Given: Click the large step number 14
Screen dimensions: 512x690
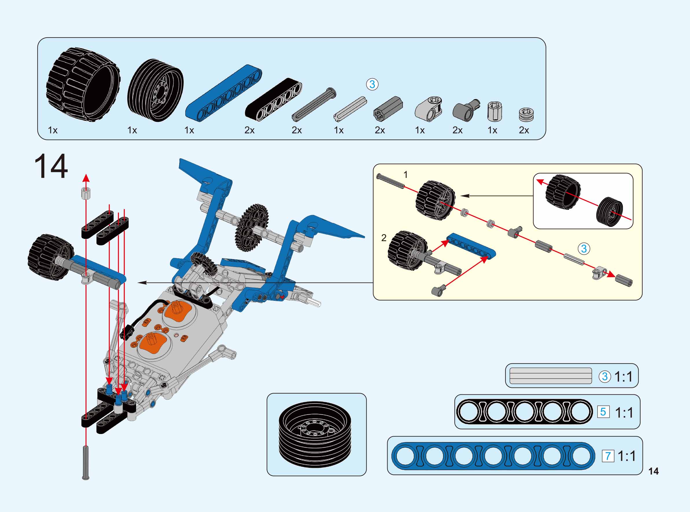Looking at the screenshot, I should [x=51, y=166].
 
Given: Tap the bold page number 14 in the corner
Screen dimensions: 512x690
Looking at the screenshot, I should [x=653, y=471].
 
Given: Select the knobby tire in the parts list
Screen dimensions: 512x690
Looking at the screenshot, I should [x=83, y=85].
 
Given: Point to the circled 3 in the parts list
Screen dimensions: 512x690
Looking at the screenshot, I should [x=372, y=84].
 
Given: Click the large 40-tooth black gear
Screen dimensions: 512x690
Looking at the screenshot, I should [x=252, y=227].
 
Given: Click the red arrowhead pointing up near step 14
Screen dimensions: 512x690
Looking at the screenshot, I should [x=86, y=178].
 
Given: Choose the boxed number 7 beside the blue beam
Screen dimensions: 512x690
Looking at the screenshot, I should [x=608, y=456].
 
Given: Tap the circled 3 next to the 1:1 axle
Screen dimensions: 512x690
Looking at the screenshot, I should [x=604, y=376].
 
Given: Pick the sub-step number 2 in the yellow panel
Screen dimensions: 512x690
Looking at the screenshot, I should [x=384, y=238].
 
